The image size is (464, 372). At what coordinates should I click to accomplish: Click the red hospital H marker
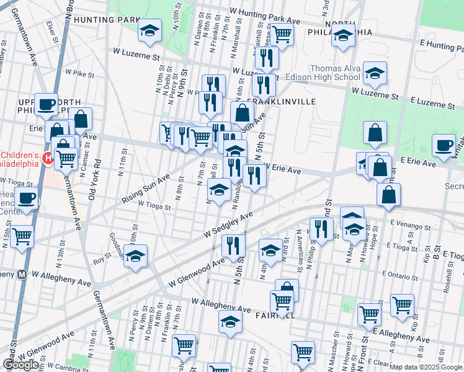(48, 160)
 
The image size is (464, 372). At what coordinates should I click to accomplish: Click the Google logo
(21, 365)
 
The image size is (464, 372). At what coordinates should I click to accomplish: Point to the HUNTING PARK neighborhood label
(106, 19)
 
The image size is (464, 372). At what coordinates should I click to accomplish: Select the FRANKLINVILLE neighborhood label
(282, 101)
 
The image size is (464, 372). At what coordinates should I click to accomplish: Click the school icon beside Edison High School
(375, 74)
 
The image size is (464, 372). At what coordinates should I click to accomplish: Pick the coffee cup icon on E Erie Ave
(444, 146)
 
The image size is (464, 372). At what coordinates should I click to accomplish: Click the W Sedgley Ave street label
(229, 224)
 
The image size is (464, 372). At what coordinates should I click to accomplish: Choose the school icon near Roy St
(135, 256)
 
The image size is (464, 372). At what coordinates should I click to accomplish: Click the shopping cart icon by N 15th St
(22, 236)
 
